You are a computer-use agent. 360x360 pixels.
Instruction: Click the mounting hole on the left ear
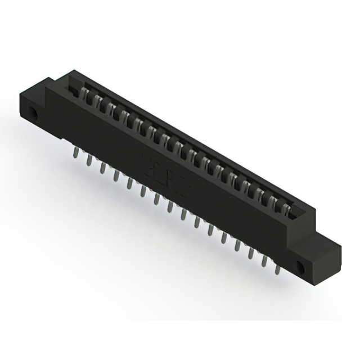pos(33,114)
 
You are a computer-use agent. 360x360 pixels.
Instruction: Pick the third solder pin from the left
pos(102,168)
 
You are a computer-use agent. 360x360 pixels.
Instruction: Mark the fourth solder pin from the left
pos(116,175)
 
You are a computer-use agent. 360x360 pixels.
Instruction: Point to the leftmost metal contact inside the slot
pos(85,92)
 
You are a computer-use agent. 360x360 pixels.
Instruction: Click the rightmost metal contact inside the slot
pos(287,210)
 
